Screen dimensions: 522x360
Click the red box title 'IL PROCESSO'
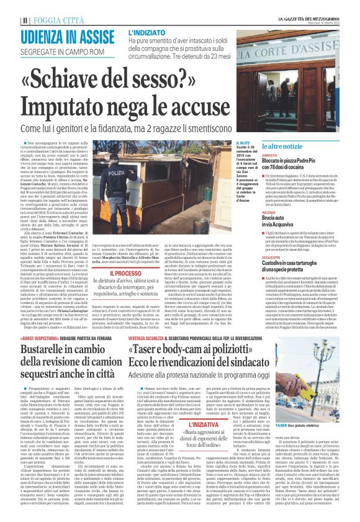[x=126, y=255]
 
